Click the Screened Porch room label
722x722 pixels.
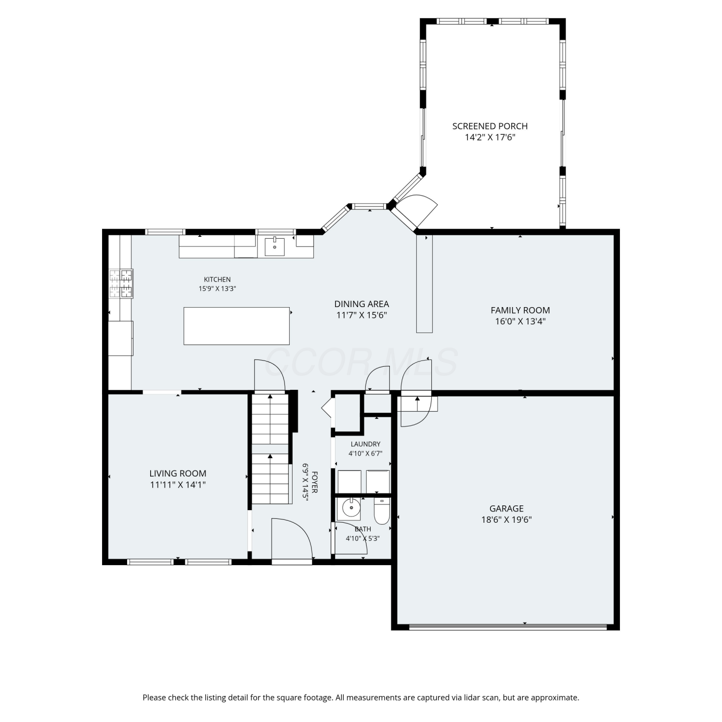(490, 126)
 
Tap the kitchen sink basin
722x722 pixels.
(274, 247)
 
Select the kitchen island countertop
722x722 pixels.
(236, 326)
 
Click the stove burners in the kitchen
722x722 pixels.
(120, 284)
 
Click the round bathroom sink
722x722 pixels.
(351, 508)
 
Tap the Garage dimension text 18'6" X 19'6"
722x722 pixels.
(506, 519)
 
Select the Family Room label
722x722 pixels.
(520, 310)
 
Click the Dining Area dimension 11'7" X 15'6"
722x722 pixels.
(361, 315)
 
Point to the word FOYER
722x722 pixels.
(315, 482)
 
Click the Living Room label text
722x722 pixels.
(178, 474)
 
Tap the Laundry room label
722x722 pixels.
(365, 444)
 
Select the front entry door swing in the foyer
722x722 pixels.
(292, 539)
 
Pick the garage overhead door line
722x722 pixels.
(508, 627)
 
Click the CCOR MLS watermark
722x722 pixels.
(361, 362)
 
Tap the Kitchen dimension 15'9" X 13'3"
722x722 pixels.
(218, 289)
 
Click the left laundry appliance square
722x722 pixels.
(349, 482)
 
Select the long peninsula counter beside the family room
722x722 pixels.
(425, 284)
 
